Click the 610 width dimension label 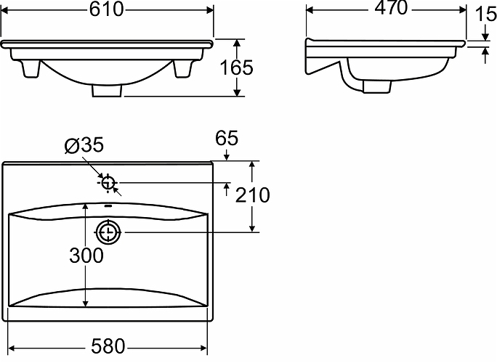106,9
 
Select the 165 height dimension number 237,68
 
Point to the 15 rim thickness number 486,15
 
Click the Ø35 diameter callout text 84,145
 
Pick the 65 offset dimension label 226,138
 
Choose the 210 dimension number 253,195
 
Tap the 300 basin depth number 86,256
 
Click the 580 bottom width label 108,346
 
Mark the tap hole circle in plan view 108,183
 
